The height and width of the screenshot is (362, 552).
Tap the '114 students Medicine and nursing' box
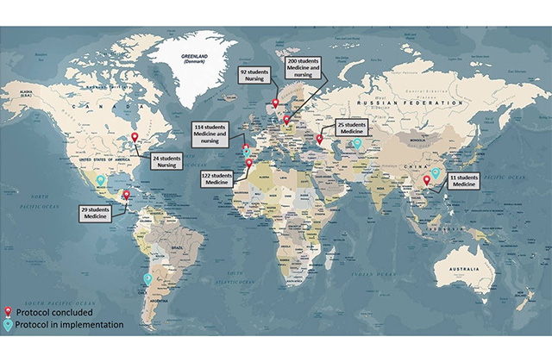click(x=211, y=135)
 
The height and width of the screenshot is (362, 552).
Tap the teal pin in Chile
click(x=148, y=278)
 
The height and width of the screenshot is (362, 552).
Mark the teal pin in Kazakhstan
click(x=358, y=143)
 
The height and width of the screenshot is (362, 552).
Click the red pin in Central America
click(x=127, y=196)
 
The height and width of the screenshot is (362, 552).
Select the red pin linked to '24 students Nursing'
click(x=134, y=136)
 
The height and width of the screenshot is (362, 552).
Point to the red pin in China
click(x=427, y=180)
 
